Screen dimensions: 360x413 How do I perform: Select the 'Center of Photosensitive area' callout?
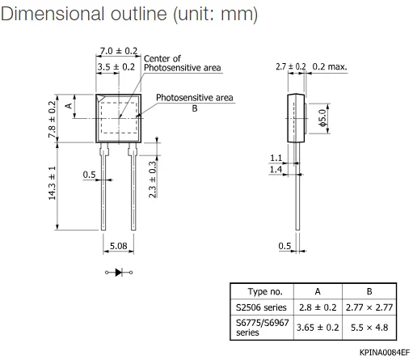tap(182, 63)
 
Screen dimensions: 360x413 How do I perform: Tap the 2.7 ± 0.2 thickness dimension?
tap(290, 66)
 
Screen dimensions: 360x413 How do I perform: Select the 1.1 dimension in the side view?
tap(276, 159)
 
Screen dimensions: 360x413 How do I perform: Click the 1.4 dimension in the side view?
tap(276, 170)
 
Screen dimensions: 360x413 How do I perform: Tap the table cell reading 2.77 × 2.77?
tap(369, 308)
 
